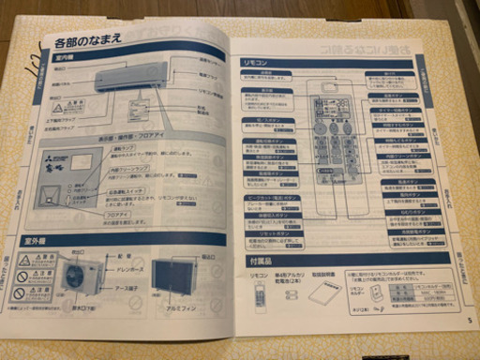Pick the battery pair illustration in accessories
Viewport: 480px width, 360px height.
tap(291, 294)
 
